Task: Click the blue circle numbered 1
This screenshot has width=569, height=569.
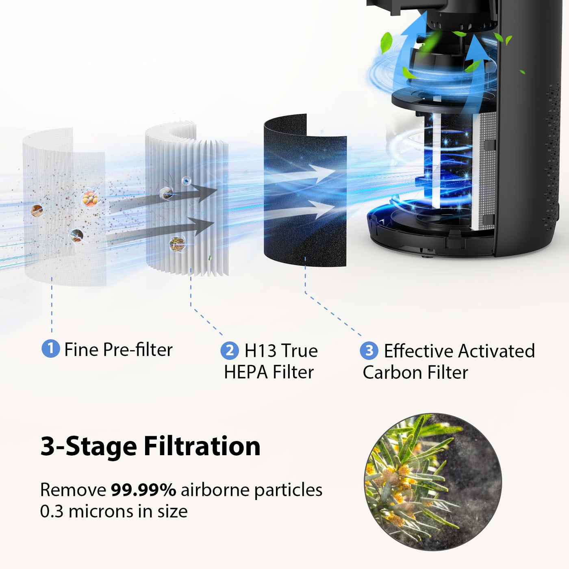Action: [50, 349]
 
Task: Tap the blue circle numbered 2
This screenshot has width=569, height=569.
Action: [230, 351]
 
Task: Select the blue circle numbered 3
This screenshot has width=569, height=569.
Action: [369, 351]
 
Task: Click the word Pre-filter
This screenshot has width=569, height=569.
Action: [138, 350]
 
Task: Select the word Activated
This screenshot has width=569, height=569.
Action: [497, 351]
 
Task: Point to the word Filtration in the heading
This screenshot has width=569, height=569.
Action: [202, 446]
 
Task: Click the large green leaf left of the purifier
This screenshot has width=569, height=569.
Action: [386, 43]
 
